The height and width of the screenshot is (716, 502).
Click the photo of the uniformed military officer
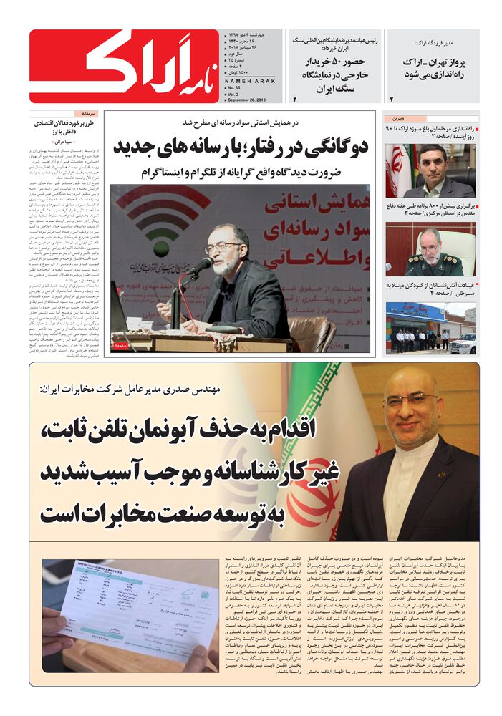(x=430, y=248)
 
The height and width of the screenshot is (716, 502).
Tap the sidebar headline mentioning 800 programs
(x=433, y=209)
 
